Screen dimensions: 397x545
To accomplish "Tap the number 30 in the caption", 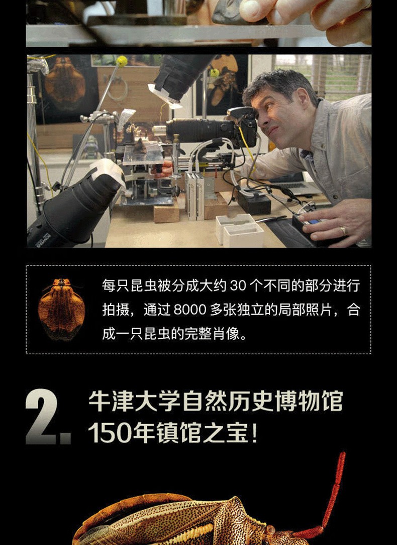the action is tap(238, 286).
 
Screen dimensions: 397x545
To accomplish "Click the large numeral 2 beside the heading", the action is tap(41, 416).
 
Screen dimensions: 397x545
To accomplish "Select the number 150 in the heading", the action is tap(110, 433).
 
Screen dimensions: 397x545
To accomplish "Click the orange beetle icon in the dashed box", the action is tap(61, 309).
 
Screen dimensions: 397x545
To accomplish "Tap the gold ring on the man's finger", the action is tap(343, 231).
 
